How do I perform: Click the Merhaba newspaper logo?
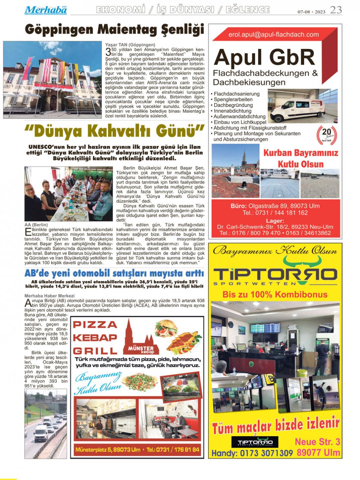point(45,10)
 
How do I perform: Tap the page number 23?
point(336,10)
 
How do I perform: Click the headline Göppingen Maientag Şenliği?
point(114,30)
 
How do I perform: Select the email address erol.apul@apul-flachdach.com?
point(273,34)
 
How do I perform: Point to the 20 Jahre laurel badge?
point(327,134)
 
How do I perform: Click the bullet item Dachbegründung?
point(233,105)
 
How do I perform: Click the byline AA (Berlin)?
point(36,225)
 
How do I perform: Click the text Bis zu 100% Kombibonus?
point(275,295)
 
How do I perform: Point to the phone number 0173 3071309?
point(266,453)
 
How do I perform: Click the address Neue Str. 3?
point(317,442)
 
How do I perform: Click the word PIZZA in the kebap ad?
point(95,324)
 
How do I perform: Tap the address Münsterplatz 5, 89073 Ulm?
point(108,450)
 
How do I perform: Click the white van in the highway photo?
point(41,433)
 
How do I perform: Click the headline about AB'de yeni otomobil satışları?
point(114,273)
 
